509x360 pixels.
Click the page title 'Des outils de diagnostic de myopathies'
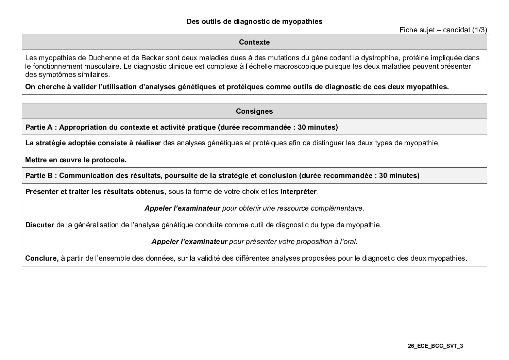coord(254,21)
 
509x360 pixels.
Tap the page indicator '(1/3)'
coord(480,30)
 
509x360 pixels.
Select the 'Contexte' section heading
coord(254,42)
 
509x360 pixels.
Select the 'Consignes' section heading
coord(254,111)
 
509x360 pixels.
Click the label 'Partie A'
coord(39,127)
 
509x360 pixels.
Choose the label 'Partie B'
coord(39,176)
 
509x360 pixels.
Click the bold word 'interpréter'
coord(298,192)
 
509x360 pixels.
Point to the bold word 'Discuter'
coord(39,225)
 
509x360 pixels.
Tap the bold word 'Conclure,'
coord(42,258)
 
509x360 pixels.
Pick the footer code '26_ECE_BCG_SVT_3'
coord(436,346)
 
